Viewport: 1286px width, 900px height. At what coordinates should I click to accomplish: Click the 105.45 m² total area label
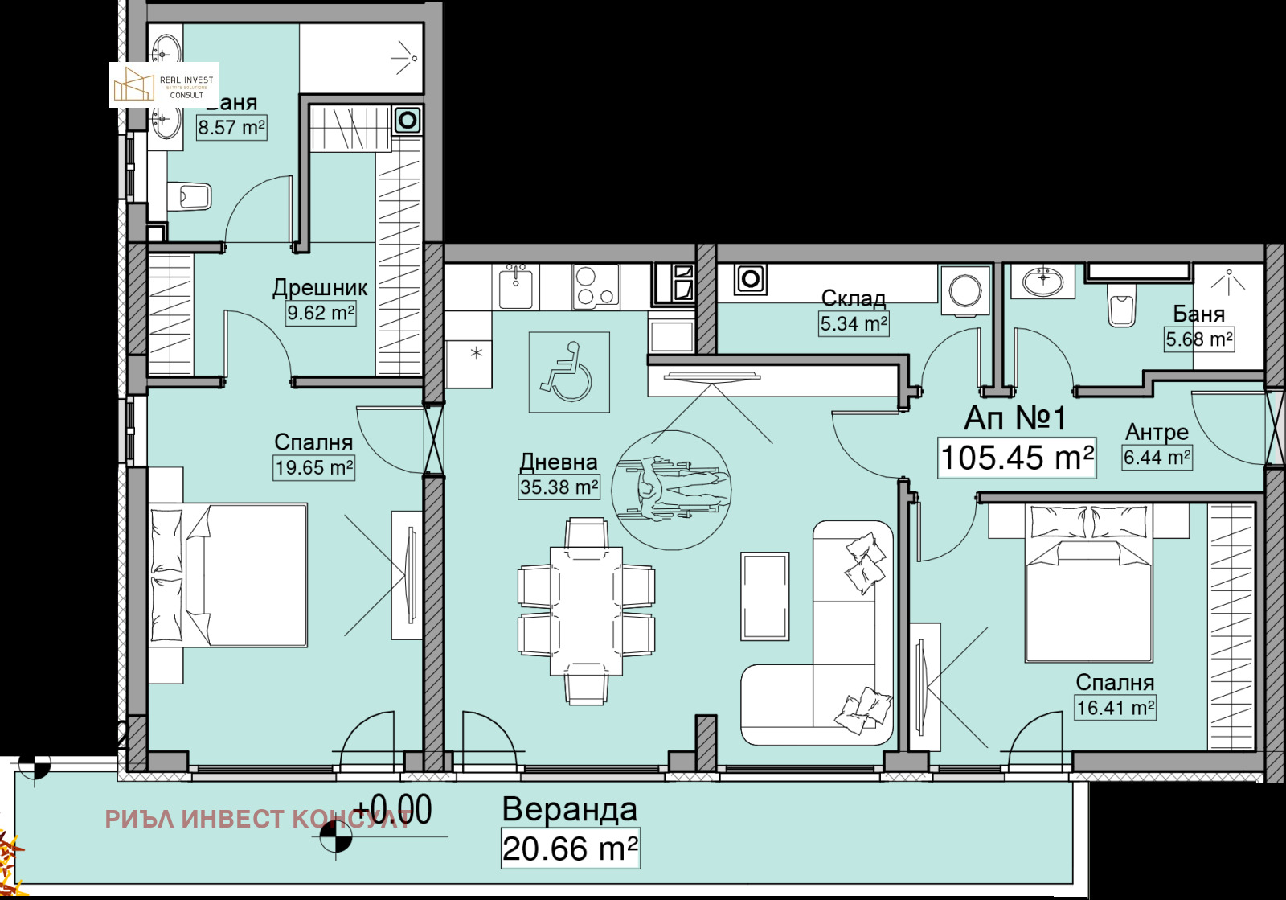(1017, 458)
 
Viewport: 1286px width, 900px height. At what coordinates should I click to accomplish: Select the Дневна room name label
(559, 462)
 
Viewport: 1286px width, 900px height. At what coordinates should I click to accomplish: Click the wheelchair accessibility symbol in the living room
(568, 372)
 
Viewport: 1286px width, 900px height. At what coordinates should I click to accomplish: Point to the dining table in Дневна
(586, 611)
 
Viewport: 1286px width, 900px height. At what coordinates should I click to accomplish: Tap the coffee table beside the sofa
(764, 596)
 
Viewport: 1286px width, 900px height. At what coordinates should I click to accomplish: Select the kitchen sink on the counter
(515, 288)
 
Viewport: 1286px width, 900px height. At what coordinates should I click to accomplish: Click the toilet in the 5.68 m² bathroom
(1121, 307)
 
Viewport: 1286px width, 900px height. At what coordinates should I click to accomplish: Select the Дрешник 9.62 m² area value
(321, 313)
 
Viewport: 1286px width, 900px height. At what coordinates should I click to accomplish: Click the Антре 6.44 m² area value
(1157, 458)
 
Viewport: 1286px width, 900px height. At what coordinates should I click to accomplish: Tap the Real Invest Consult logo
(164, 85)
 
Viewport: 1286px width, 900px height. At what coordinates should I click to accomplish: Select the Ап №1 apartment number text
(1014, 418)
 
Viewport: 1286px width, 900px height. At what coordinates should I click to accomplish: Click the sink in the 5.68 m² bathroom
(1043, 282)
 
